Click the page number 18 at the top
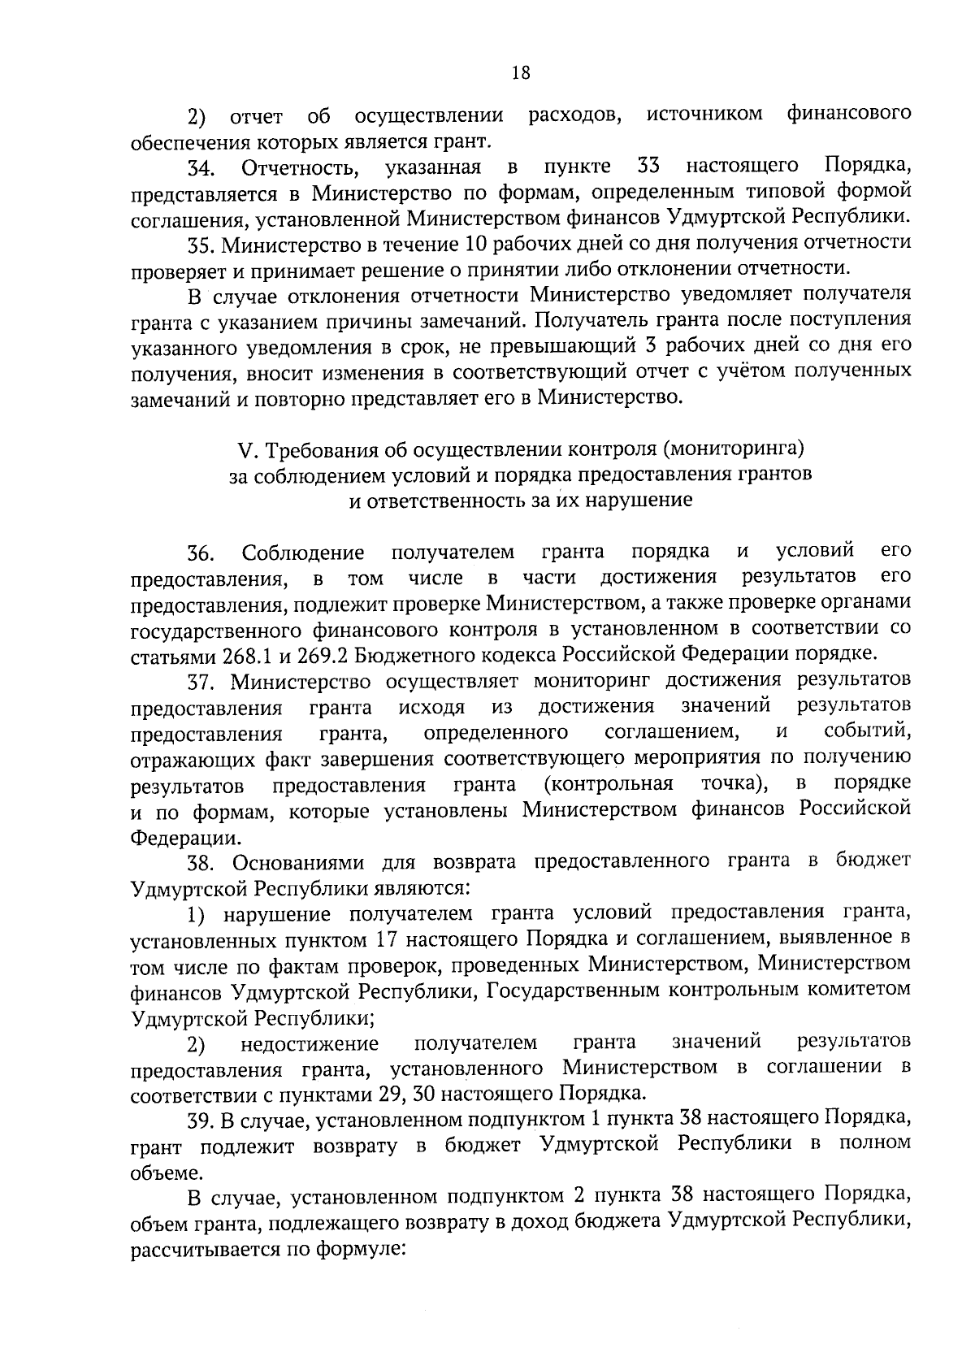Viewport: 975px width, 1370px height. pos(520,73)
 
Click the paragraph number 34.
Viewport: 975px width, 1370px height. pos(200,169)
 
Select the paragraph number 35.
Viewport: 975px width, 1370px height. pos(201,244)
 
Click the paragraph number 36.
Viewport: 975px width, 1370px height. pos(200,555)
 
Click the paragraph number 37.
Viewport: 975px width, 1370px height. pos(201,681)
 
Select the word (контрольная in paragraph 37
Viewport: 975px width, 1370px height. pos(609,784)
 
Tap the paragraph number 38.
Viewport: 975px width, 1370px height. pos(201,861)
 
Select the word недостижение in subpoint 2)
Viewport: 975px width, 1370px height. pos(310,1043)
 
